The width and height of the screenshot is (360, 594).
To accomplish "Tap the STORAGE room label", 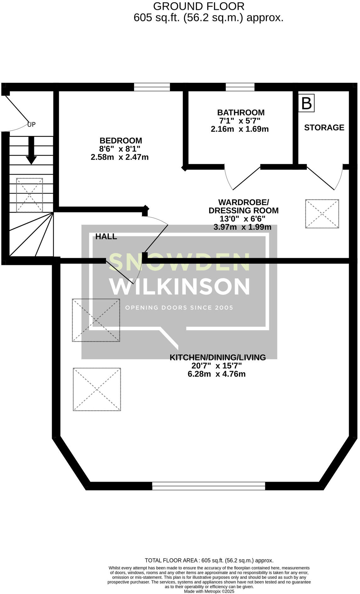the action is (x=324, y=127).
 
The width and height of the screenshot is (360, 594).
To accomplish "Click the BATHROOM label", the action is (x=241, y=112).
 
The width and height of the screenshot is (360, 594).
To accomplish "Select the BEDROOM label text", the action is (x=121, y=140).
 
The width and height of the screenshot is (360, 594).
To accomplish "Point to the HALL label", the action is (x=106, y=237).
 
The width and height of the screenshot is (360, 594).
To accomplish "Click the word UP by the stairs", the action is (x=31, y=125).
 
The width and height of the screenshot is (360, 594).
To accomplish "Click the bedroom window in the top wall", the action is (x=152, y=87).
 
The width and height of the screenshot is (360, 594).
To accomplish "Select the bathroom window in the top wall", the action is (x=240, y=87).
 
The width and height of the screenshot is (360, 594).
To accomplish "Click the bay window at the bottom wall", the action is (x=209, y=486).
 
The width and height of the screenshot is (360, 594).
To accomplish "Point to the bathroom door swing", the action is (x=242, y=178).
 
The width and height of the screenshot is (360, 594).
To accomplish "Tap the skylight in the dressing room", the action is (x=322, y=214).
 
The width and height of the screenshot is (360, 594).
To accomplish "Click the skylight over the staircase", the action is (x=29, y=195).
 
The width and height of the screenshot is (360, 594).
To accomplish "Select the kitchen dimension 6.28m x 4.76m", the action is (x=216, y=374).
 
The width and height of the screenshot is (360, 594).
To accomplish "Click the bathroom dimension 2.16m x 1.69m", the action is (x=239, y=129).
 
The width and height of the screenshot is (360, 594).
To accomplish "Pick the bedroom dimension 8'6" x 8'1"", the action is (x=120, y=148).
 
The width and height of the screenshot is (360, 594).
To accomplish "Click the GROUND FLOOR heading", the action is (x=199, y=6).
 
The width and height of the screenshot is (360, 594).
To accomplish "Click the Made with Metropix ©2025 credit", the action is (x=209, y=591).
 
